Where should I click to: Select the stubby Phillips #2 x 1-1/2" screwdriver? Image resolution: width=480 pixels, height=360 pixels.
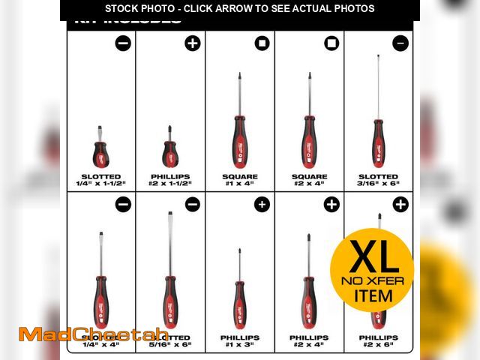pos(170,153)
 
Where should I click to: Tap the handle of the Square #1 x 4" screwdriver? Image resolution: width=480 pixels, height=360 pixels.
pos(239,142)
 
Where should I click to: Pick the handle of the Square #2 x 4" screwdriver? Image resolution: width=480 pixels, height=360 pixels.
pos(308,142)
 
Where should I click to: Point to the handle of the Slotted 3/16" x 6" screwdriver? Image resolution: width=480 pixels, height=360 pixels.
pos(378,144)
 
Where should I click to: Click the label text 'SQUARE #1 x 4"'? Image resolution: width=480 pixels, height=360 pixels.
pos(239,180)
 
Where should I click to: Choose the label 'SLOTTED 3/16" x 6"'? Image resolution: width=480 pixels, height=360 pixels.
pos(378,180)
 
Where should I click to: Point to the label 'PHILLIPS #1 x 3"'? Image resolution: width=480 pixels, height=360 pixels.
pos(239,341)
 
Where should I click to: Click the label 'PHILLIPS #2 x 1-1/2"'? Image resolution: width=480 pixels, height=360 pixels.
pos(170,180)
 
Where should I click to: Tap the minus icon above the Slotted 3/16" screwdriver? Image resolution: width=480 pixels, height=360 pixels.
pos(400,43)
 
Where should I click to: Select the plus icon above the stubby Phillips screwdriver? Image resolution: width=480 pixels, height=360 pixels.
pos(193,43)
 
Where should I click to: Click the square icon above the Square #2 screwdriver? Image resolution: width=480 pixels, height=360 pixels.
pos(331,43)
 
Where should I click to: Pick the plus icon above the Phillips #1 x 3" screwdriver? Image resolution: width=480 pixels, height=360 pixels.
pos(262,204)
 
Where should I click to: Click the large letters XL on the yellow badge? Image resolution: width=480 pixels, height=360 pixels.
pos(372,257)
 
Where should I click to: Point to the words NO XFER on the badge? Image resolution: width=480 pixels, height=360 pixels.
pos(373,281)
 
